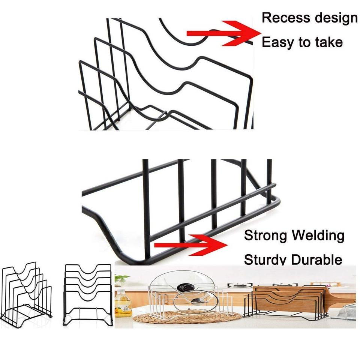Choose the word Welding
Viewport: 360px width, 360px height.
click(318, 236)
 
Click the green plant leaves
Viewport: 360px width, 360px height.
click(121, 279)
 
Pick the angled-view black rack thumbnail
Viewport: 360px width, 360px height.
click(26, 294)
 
